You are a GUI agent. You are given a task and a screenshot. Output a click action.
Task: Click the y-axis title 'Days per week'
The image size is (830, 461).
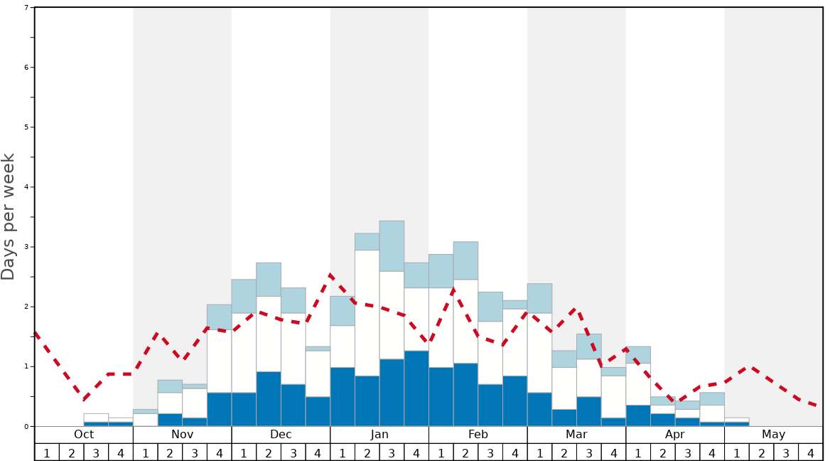tap(9, 216)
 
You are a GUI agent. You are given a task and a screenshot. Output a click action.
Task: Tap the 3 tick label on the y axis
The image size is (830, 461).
tap(26, 247)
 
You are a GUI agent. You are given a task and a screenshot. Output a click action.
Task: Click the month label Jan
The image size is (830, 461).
tap(379, 435)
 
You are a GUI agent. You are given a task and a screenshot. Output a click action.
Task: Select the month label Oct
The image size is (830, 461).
tap(84, 435)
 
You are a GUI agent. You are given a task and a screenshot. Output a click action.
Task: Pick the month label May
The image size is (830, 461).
tap(773, 435)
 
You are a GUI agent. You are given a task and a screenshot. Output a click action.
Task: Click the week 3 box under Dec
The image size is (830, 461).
tap(293, 452)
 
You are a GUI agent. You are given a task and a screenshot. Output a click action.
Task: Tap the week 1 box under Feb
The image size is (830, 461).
tap(441, 452)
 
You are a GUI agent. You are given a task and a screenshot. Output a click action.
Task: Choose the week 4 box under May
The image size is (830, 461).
tap(810, 452)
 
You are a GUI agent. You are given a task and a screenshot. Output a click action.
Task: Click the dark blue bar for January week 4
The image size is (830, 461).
tap(416, 388)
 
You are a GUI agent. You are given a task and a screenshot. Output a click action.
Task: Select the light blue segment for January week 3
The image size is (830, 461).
tap(392, 246)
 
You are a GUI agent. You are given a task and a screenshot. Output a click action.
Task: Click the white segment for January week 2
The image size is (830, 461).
tap(367, 313)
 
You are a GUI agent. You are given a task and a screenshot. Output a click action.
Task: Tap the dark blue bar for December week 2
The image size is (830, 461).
tap(269, 399)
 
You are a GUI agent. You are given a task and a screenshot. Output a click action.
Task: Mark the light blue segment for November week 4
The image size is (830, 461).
tap(219, 317)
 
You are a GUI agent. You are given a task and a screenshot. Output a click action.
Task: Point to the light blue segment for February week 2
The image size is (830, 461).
tap(465, 260)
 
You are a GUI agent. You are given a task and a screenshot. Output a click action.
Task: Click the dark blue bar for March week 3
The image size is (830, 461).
tap(588, 412)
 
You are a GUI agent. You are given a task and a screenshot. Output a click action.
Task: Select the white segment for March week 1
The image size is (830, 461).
tap(539, 353)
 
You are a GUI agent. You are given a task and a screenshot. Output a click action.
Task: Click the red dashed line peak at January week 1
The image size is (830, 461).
tap(330, 274)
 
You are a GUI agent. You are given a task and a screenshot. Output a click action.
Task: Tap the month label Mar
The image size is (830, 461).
tap(576, 435)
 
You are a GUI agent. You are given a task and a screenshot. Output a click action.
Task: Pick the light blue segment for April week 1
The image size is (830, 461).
tap(638, 355)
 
